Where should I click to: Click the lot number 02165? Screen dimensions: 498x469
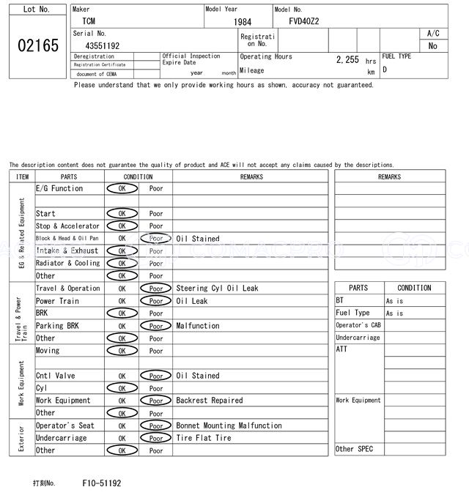[37, 45]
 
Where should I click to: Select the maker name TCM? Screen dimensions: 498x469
[88, 21]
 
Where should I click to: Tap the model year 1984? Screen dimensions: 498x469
[242, 22]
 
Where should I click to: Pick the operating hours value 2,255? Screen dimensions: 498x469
[347, 60]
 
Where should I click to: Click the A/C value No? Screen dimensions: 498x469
[432, 45]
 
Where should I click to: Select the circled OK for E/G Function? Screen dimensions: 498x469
[122, 188]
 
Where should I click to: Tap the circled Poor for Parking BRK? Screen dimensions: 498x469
[155, 326]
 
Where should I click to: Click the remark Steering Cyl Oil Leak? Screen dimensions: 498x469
[217, 289]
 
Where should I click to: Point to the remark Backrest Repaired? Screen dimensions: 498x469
[211, 401]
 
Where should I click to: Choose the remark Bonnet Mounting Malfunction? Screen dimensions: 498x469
[229, 425]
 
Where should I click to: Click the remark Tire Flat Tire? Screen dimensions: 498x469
[203, 438]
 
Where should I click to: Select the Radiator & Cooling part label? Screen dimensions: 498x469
[67, 263]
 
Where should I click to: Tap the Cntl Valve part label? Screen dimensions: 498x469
[55, 376]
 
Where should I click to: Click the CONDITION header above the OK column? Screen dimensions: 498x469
[138, 176]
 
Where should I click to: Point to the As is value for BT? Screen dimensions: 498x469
[394, 301]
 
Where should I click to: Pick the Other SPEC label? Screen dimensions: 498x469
[354, 449]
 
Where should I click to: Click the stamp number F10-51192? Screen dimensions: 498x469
[102, 483]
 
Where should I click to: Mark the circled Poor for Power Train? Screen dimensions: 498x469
[155, 301]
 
